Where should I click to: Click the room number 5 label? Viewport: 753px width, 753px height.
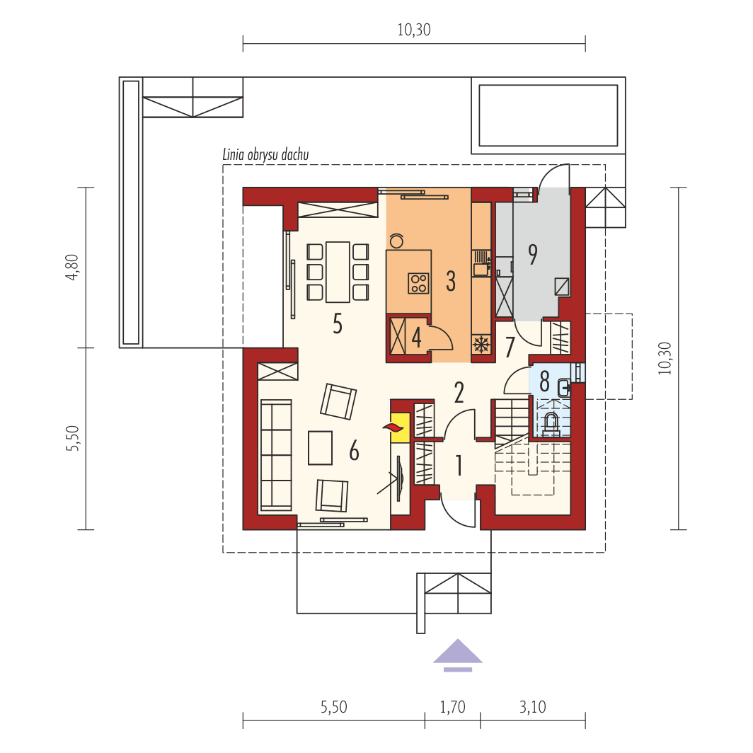(x=338, y=324)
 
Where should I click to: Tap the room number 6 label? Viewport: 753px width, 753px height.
(x=354, y=451)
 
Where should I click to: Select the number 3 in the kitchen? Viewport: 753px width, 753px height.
(x=450, y=282)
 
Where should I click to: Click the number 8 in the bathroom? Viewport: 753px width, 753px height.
(x=544, y=381)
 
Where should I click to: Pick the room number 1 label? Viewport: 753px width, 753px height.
(x=459, y=466)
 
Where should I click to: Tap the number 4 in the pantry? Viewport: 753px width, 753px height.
(x=417, y=338)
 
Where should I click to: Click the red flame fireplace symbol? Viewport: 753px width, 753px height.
(x=393, y=427)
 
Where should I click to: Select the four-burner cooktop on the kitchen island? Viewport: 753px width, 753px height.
(x=418, y=283)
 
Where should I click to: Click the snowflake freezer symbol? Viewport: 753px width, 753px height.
(x=481, y=345)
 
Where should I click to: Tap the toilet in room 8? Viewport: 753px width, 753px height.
(x=551, y=423)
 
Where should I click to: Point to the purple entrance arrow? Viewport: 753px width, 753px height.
(x=459, y=653)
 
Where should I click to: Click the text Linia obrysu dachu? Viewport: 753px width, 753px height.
(x=265, y=155)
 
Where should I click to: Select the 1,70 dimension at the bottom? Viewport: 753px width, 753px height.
(x=452, y=706)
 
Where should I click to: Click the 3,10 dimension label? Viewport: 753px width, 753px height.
(x=532, y=706)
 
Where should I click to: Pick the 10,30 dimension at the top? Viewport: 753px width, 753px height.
(x=414, y=30)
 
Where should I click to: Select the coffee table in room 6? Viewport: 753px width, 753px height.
(x=321, y=448)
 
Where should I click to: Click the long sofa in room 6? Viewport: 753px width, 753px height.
(x=275, y=454)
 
